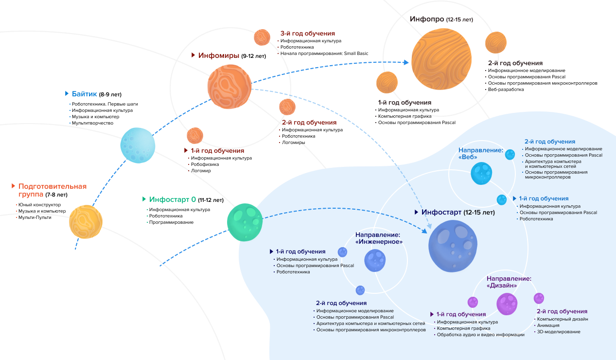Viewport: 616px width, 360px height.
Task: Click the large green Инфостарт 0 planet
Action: [x=245, y=222]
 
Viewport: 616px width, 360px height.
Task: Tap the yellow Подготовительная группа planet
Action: [x=86, y=222]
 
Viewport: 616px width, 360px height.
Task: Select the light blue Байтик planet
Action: [x=138, y=145]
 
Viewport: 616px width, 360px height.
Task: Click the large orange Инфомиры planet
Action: [x=229, y=87]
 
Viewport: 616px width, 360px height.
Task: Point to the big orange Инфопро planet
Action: [x=441, y=59]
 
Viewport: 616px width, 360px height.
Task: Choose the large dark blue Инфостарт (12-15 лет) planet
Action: [x=452, y=246]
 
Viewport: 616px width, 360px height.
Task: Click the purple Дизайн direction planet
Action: [x=507, y=304]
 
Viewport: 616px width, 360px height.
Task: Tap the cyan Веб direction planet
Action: [x=481, y=173]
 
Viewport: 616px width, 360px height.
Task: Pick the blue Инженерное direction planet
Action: [x=375, y=260]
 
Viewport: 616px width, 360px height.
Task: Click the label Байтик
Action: [x=85, y=93]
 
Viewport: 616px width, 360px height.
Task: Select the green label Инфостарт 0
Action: [x=172, y=199]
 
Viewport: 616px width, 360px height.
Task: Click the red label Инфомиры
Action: [x=219, y=55]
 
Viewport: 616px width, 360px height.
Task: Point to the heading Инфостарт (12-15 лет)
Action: [x=458, y=212]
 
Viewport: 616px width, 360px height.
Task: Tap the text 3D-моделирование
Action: [x=559, y=332]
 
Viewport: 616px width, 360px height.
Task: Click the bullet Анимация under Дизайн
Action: [x=549, y=325]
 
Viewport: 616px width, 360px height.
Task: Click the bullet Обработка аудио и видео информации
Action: [x=480, y=335]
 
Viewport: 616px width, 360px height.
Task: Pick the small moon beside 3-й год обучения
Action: [x=262, y=37]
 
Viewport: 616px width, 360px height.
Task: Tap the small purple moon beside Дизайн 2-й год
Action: [x=539, y=298]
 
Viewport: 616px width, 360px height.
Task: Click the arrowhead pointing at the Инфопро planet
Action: [x=406, y=62]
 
